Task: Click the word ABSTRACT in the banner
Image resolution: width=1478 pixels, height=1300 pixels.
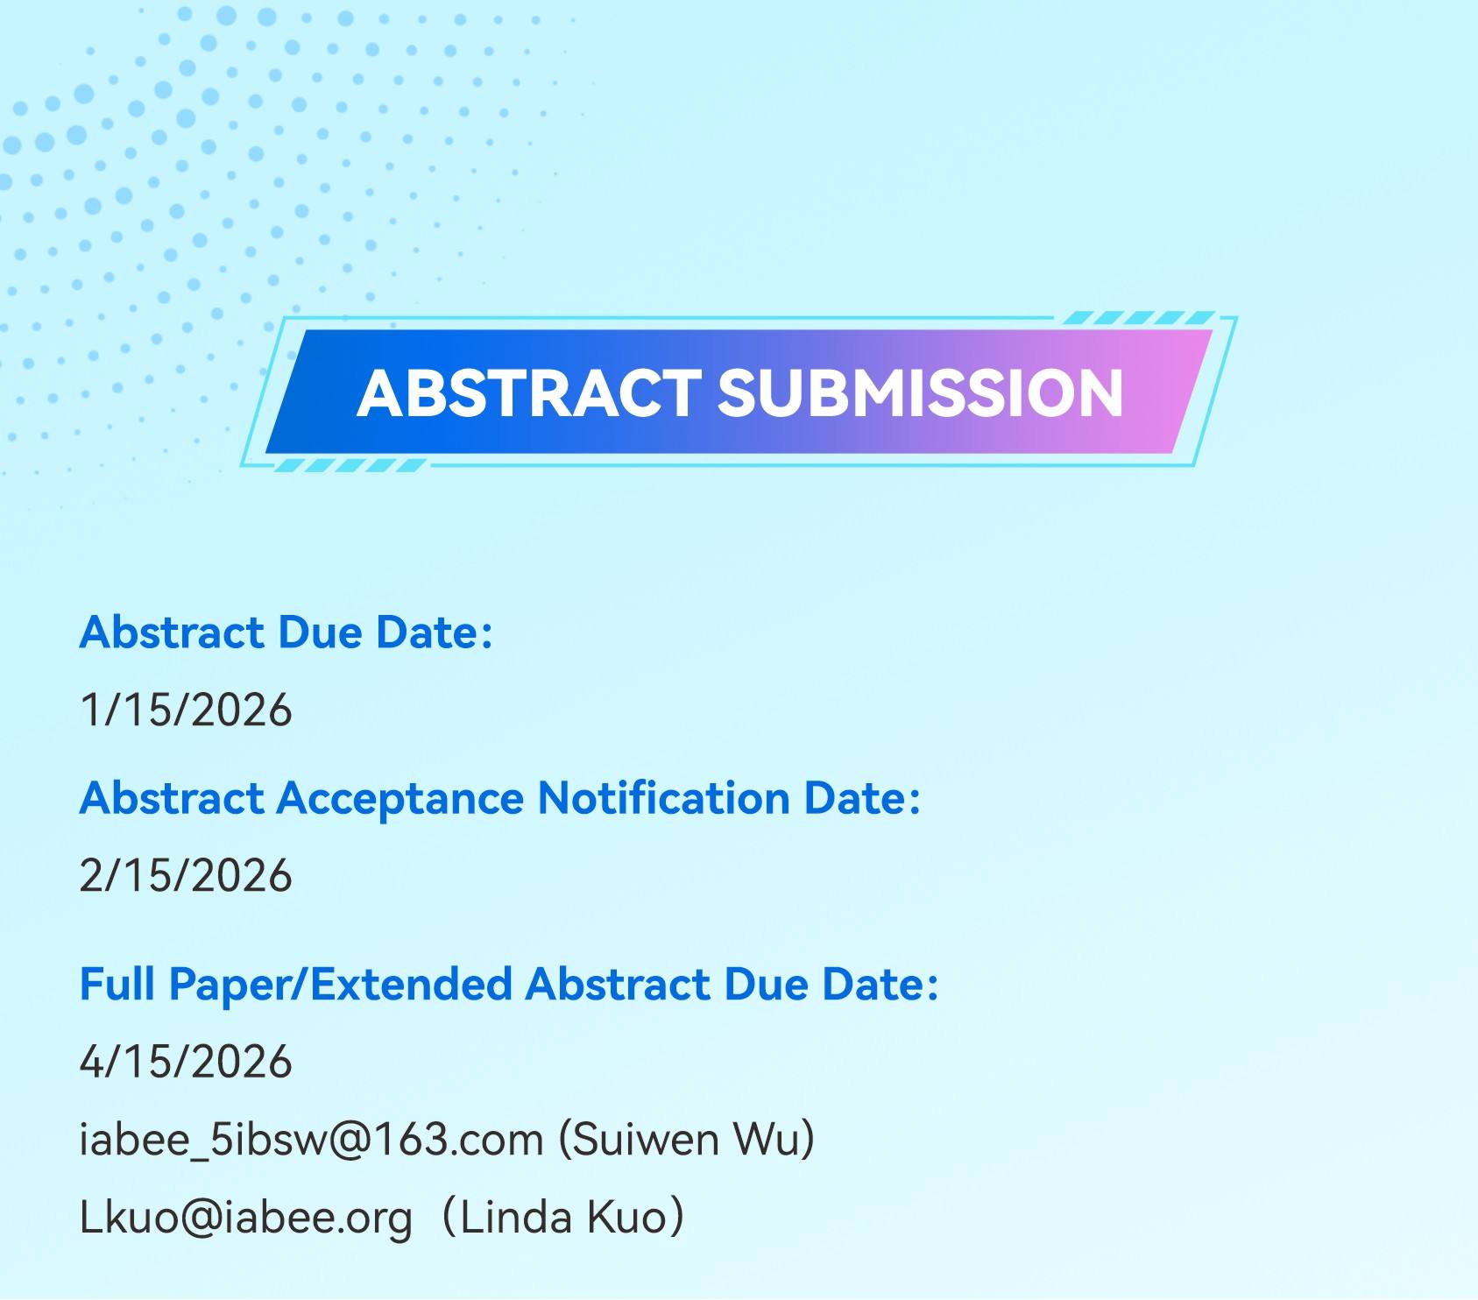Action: coord(528,392)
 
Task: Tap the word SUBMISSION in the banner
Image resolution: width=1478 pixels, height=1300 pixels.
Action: coord(920,392)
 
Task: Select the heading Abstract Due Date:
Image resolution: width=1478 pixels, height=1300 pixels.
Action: coord(286,632)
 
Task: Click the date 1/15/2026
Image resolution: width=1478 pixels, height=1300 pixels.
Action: coord(186,710)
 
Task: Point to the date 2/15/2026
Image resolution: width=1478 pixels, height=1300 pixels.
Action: coord(186,875)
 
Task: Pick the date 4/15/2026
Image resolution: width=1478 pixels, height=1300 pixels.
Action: coord(186,1062)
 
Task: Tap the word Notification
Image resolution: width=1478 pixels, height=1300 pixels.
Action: coord(664,798)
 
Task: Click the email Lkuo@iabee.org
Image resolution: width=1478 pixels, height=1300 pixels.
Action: coord(246,1218)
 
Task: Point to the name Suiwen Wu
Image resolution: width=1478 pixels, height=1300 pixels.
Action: coord(685,1140)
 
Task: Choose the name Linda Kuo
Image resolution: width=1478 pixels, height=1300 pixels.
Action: coord(563,1218)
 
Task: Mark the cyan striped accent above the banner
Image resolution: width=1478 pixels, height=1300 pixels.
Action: coord(1139,318)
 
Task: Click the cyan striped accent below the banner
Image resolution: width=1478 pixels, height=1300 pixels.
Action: coord(350,465)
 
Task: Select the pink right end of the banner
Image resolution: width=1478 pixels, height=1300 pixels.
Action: coord(1174,392)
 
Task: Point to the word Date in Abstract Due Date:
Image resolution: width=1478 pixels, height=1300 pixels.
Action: coord(435,632)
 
